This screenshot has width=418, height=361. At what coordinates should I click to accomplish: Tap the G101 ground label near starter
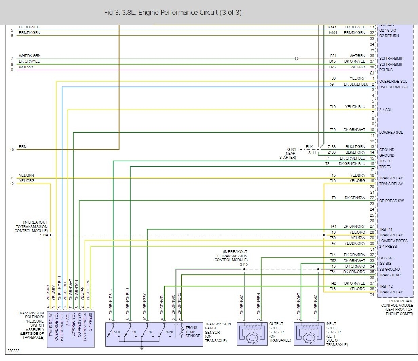pyautogui.click(x=291, y=149)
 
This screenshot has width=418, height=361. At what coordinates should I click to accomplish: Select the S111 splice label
pyautogui.click(x=312, y=152)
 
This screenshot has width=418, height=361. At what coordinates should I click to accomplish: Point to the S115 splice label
pyautogui.click(x=244, y=264)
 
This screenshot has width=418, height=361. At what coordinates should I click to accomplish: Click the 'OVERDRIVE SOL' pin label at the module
pyautogui.click(x=393, y=82)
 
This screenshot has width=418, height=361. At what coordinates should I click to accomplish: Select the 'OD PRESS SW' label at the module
pyautogui.click(x=391, y=201)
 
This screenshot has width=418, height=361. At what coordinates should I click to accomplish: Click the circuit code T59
pyautogui.click(x=331, y=84)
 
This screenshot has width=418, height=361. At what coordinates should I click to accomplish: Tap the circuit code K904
pyautogui.click(x=333, y=32)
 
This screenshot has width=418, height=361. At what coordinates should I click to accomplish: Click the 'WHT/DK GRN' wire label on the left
pyautogui.click(x=30, y=56)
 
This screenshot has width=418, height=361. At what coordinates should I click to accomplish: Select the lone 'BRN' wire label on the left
pyautogui.click(x=23, y=147)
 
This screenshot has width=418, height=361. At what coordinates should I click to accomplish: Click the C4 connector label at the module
pyautogui.click(x=372, y=295)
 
